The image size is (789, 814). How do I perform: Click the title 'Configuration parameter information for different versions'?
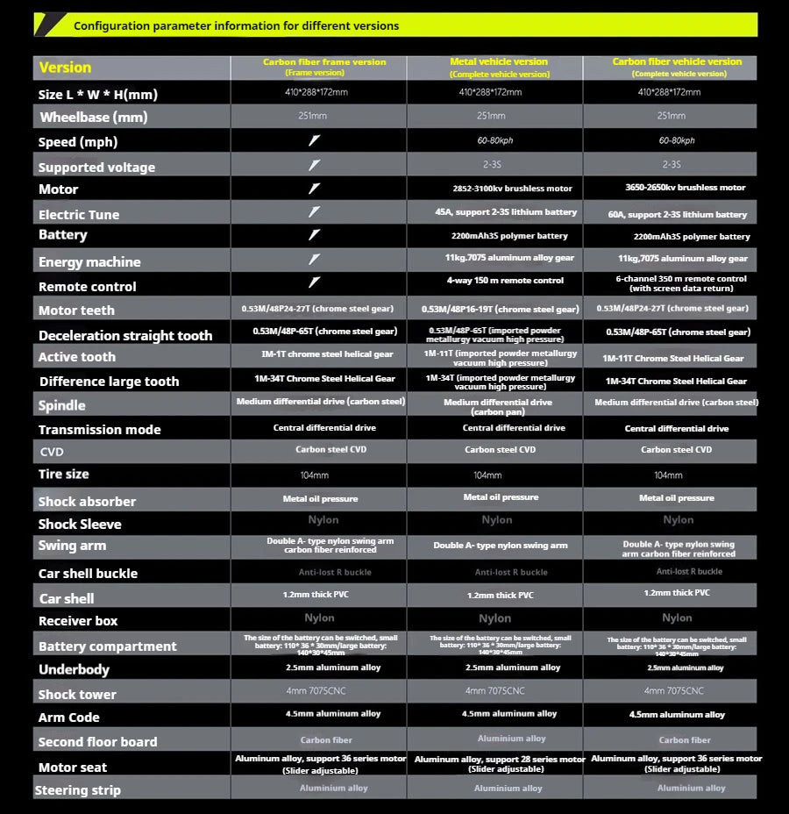(236, 25)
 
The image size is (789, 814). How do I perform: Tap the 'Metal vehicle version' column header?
(499, 66)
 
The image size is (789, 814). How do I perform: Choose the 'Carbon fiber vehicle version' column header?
(677, 66)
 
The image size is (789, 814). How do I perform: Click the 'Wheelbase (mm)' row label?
(94, 118)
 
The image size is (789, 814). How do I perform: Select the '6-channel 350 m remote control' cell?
(681, 283)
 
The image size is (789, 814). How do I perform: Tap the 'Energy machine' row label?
(89, 262)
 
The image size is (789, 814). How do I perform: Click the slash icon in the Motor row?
(315, 189)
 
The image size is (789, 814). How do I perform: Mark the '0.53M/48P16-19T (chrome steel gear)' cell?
(500, 309)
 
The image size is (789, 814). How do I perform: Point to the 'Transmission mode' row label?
(100, 430)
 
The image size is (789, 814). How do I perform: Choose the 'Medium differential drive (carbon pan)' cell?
(498, 406)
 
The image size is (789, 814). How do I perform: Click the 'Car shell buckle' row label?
(88, 574)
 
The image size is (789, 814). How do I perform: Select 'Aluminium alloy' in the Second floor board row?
(511, 739)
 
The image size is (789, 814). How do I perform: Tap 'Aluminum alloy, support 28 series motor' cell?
(500, 764)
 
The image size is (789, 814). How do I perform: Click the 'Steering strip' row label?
(78, 790)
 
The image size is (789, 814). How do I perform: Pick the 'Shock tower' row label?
(77, 694)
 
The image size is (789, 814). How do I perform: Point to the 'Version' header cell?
(65, 68)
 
